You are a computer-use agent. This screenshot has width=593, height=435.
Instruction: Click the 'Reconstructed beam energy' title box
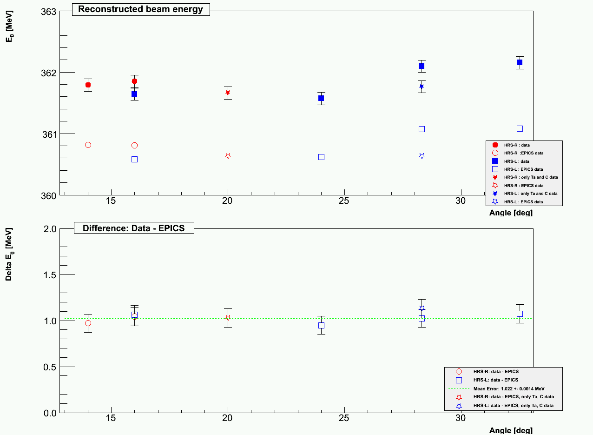[x=141, y=9]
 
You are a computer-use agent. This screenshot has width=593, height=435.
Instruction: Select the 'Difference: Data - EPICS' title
[x=134, y=228]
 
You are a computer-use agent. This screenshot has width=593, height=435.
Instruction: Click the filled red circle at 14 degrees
[x=88, y=85]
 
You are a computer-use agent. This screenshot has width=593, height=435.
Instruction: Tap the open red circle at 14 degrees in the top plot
[x=88, y=145]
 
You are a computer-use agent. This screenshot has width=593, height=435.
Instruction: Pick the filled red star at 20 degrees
[x=228, y=93]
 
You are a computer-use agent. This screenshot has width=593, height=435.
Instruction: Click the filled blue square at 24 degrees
[x=321, y=98]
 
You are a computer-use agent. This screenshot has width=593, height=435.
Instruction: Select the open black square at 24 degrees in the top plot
[x=321, y=157]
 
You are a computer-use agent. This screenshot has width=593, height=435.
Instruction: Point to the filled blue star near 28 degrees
[x=422, y=86]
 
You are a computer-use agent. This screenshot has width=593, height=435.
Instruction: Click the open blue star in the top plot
[x=422, y=156]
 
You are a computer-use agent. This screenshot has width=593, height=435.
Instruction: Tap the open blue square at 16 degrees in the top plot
[x=134, y=159]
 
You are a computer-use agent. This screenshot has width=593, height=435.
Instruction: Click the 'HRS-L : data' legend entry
[x=516, y=161]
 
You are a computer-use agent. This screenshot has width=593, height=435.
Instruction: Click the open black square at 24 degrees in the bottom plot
[x=321, y=325]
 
